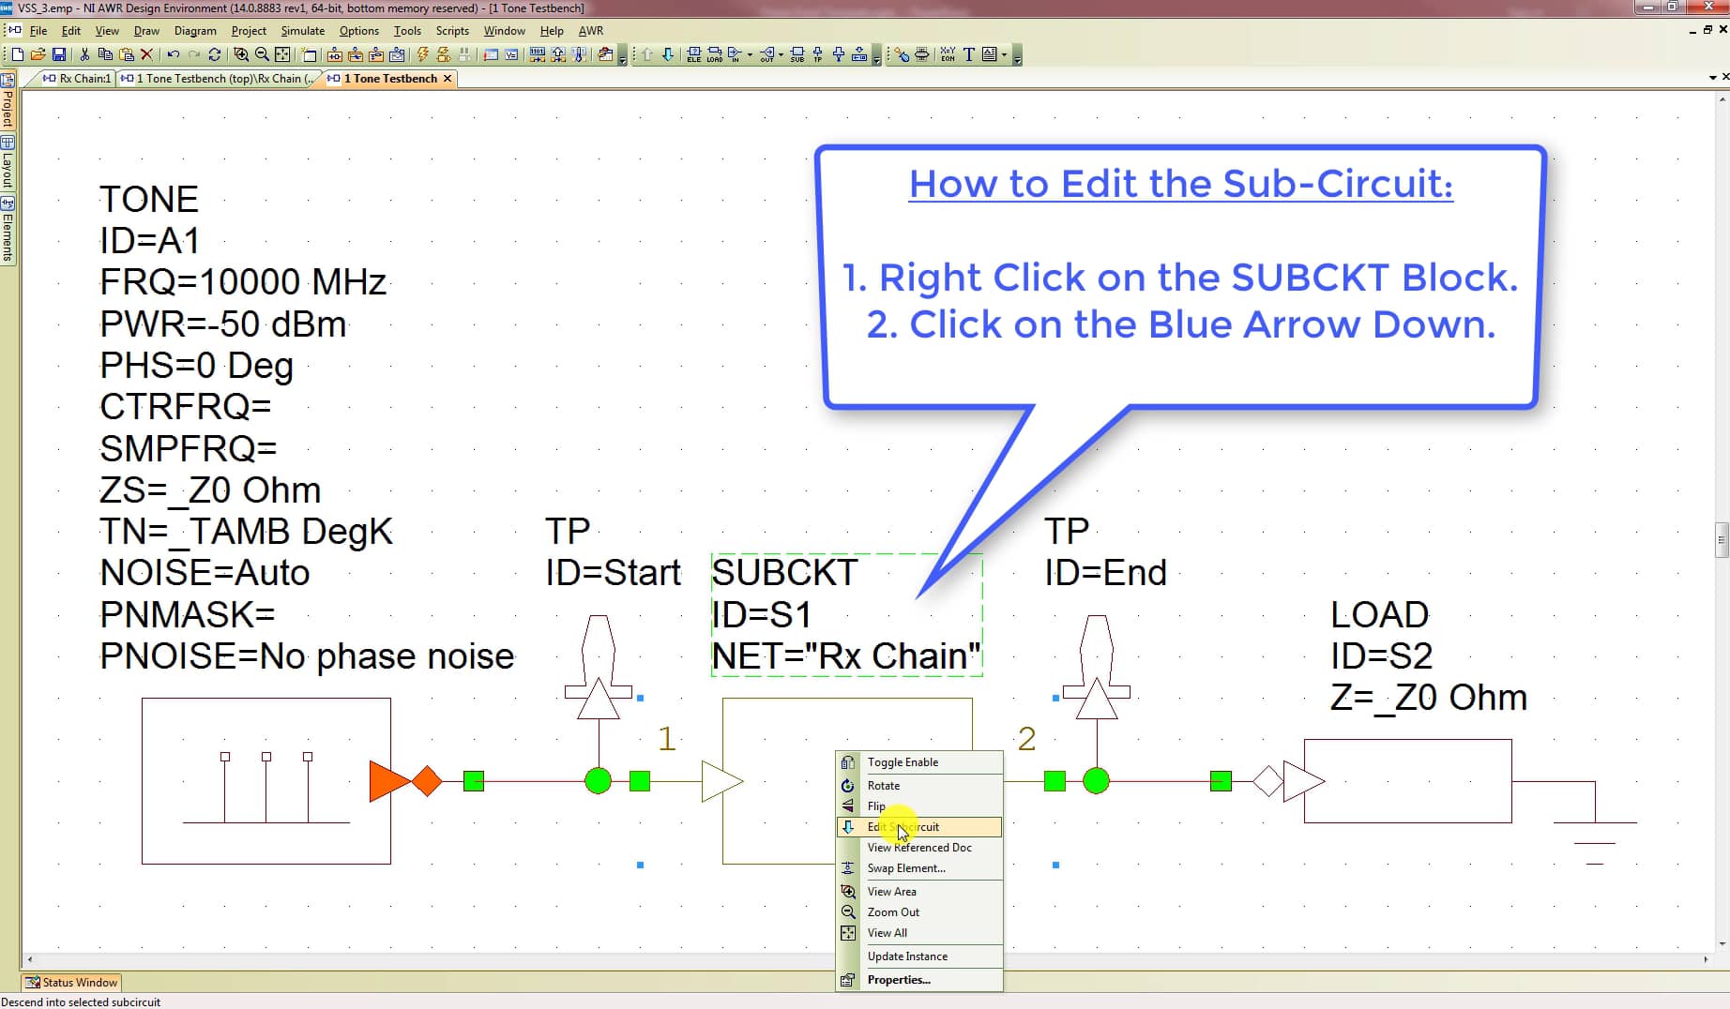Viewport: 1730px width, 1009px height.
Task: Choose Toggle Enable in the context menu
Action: [903, 762]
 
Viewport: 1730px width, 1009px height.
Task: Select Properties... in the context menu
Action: [899, 980]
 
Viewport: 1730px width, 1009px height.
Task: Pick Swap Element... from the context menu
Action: [906, 868]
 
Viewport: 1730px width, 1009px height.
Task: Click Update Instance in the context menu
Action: [907, 956]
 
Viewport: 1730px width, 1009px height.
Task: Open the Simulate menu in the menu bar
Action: [302, 31]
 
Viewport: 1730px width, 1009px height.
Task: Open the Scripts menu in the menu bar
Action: [452, 31]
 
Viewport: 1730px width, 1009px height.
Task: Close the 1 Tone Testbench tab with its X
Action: [448, 79]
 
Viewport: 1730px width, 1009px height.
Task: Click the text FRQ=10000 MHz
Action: [243, 282]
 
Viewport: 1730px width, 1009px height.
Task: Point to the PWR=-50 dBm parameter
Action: [223, 324]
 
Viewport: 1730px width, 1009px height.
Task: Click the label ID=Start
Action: [613, 573]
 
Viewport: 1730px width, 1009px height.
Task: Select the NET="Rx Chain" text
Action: [845, 656]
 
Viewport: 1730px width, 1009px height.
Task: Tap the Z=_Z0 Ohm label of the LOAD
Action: [1428, 698]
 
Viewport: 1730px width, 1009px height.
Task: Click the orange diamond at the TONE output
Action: [427, 781]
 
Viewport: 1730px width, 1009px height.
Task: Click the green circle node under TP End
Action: [1096, 780]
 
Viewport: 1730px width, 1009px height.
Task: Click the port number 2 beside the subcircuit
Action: [1026, 739]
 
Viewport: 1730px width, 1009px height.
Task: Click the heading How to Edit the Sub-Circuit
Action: [1180, 184]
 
